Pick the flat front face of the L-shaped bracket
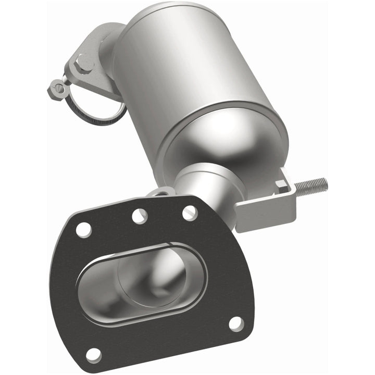[260, 214]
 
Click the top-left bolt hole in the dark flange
[83, 229]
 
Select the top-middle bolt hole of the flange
[140, 216]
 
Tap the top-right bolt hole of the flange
[190, 212]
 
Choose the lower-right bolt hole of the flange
[236, 323]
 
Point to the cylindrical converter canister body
[187, 68]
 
